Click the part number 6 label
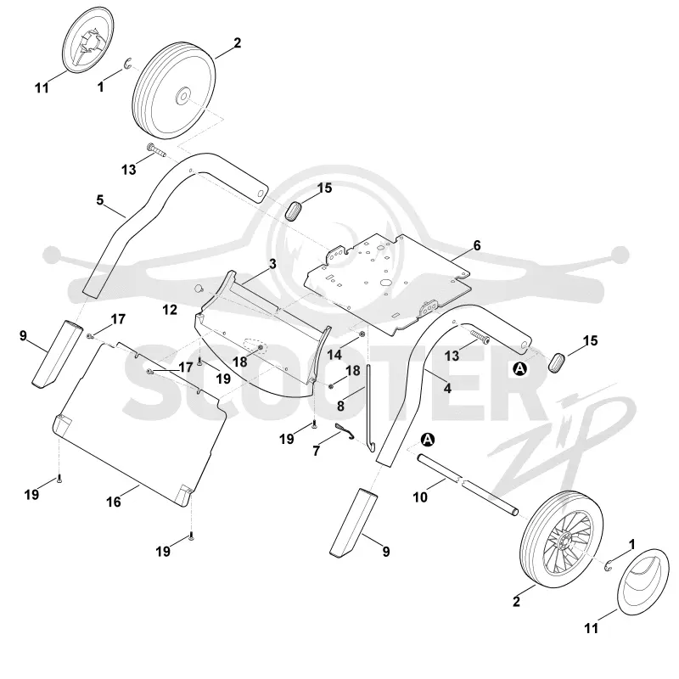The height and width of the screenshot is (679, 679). (x=477, y=245)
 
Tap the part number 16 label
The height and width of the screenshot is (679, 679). (x=114, y=502)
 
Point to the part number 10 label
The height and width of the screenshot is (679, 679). (x=420, y=497)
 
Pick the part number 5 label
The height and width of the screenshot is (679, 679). (x=100, y=200)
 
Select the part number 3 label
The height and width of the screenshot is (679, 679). (x=272, y=264)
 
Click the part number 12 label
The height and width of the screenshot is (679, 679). (x=170, y=310)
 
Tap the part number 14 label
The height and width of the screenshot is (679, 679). (x=334, y=355)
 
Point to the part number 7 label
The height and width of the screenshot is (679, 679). (x=316, y=452)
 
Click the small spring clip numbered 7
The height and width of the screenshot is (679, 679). (x=345, y=431)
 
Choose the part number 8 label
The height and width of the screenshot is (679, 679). (x=341, y=407)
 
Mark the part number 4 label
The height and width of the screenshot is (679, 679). (x=447, y=389)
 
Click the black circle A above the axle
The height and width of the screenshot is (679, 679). (x=428, y=440)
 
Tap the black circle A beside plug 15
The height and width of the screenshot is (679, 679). (x=519, y=369)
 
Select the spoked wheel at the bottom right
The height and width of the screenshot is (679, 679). (x=562, y=539)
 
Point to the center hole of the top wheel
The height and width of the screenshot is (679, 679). (x=182, y=96)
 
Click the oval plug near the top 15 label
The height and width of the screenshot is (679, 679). (x=294, y=210)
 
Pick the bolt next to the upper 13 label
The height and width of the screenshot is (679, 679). (x=157, y=150)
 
